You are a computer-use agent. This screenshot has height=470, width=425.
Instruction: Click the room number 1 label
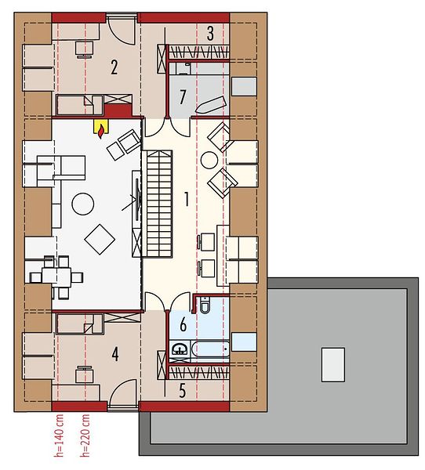187,200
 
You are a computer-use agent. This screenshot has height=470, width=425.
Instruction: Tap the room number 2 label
114,67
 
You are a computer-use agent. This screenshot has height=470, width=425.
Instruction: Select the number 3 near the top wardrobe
210,34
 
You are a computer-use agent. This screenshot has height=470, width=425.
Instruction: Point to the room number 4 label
115,354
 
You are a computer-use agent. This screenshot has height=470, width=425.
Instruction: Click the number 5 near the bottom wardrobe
183,391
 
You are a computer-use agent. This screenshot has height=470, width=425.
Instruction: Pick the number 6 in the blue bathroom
183,324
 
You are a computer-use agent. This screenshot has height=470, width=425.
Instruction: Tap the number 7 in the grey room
183,97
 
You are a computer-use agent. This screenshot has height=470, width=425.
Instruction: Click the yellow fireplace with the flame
102,128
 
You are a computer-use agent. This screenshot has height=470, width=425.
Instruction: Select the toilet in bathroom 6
205,304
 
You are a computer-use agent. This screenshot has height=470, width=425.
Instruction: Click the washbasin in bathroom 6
180,349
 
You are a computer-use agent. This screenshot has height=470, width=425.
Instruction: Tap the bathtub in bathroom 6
210,349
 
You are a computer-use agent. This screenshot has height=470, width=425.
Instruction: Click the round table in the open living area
83,204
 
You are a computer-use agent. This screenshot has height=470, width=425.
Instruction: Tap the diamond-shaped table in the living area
100,239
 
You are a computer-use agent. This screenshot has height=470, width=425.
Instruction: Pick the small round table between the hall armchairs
209,160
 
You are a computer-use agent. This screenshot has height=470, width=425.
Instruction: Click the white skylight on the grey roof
332,364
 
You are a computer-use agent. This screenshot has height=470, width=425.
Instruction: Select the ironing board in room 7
210,105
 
